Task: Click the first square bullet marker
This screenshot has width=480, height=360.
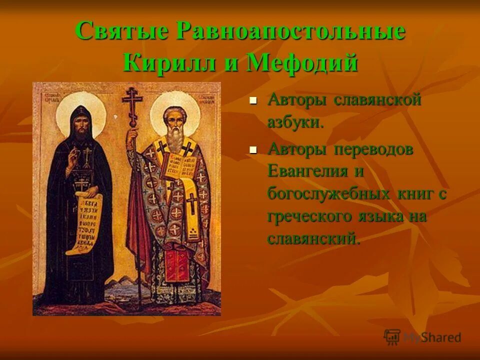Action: (253, 100)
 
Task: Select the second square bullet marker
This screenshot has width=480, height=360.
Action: (253, 149)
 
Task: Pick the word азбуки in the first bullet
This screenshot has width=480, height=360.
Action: (295, 122)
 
